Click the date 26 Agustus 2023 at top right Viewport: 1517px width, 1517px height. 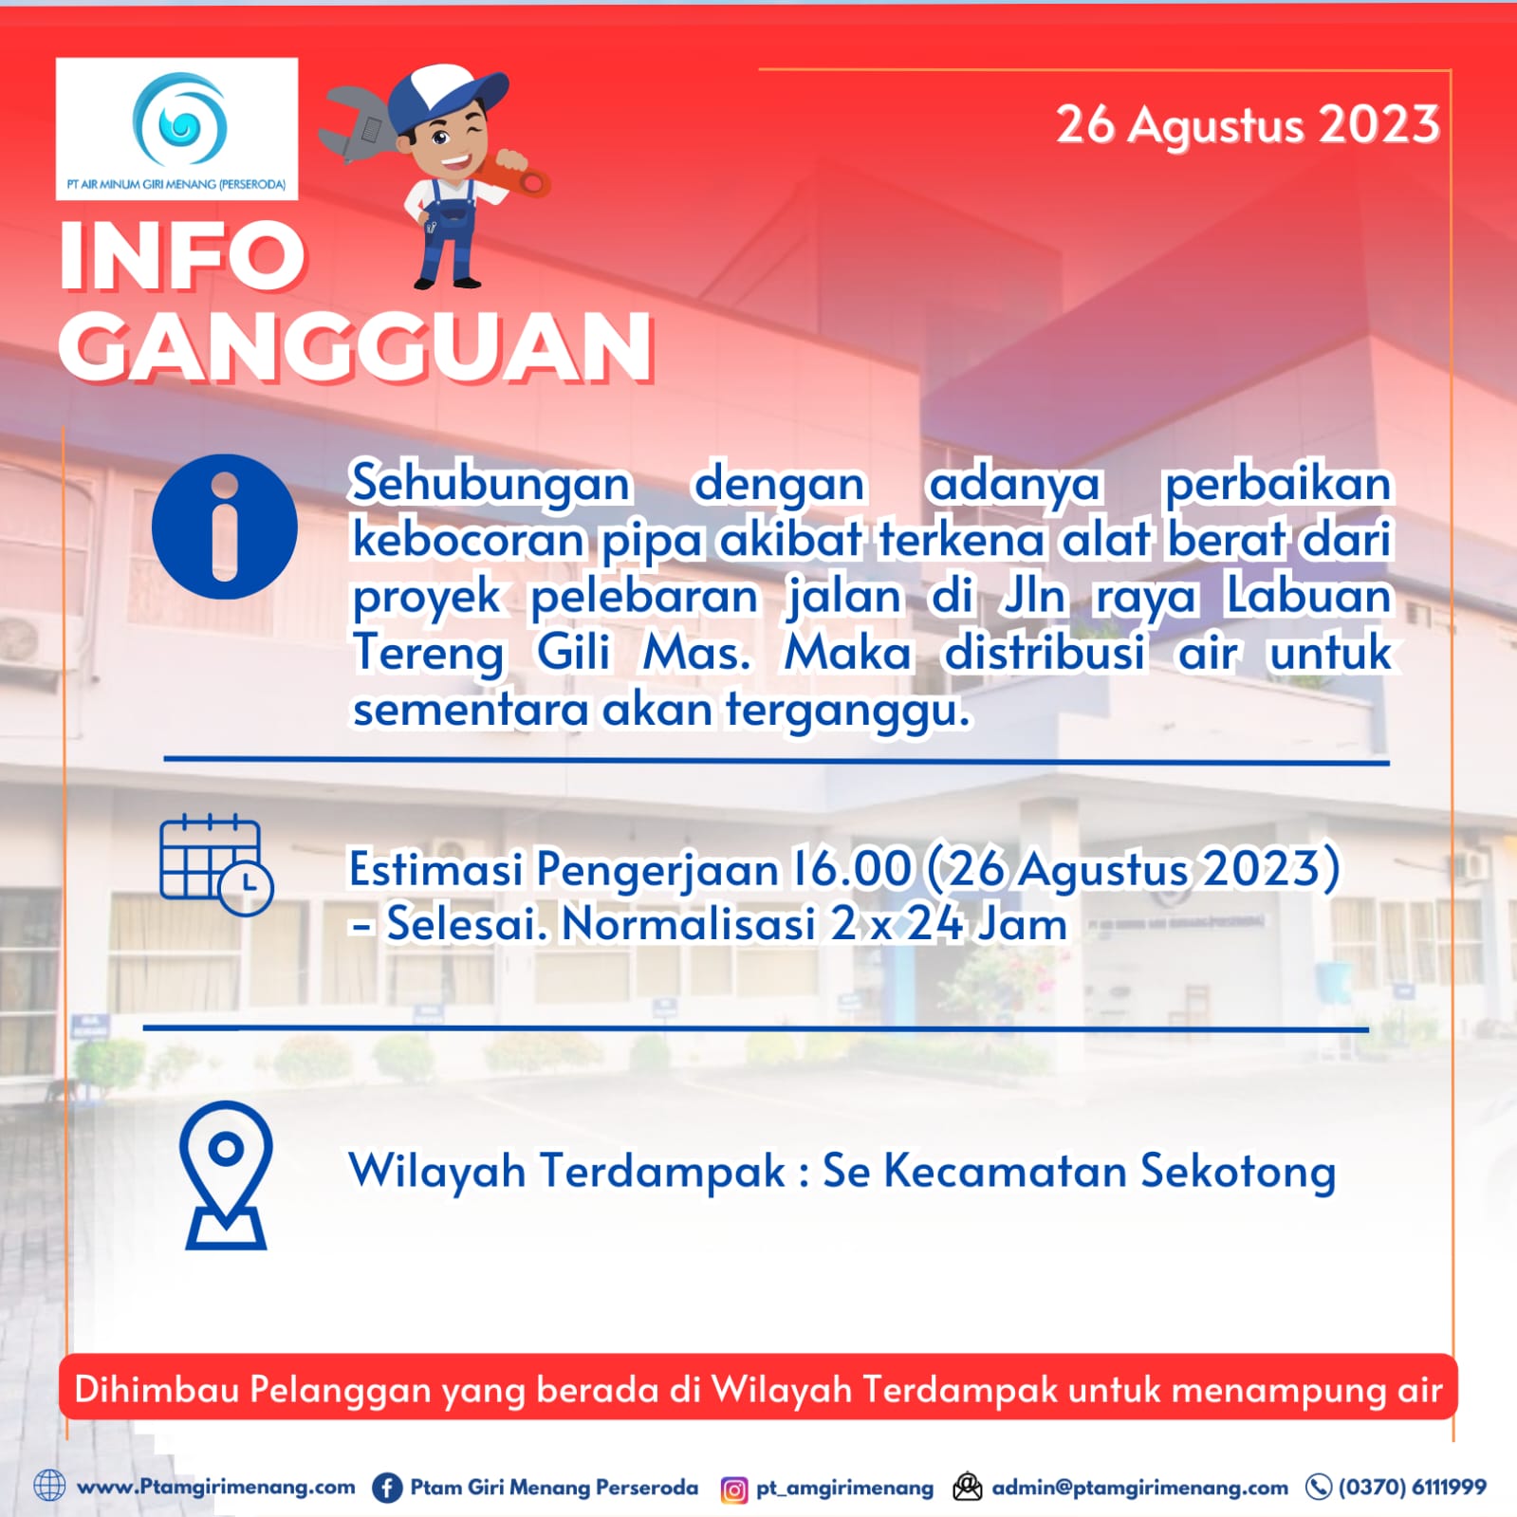coord(1248,125)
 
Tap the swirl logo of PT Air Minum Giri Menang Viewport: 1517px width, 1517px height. coord(179,120)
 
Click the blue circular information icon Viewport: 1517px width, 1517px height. coord(225,527)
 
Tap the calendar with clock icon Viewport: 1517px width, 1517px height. coord(216,864)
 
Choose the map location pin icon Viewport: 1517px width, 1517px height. coord(226,1175)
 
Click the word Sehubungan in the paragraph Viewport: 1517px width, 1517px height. coord(490,484)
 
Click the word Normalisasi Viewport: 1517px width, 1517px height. coord(689,923)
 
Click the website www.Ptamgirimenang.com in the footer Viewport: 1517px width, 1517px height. coord(215,1487)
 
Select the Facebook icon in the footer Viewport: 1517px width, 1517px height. coord(386,1488)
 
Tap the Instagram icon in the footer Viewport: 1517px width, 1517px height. coord(733,1489)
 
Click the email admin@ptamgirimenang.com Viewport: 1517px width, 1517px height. coord(1139,1488)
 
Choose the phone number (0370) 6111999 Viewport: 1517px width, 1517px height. coord(1412,1487)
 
